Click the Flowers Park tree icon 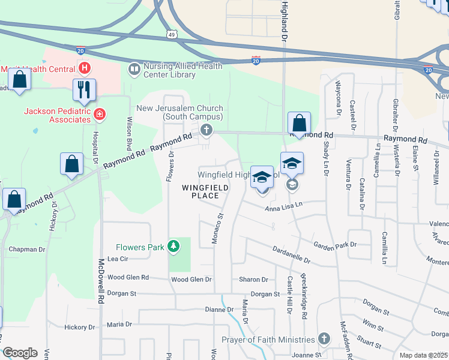[x=173, y=246]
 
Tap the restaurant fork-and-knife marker [x=84, y=90]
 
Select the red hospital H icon [x=85, y=68]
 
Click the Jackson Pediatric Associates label [x=57, y=115]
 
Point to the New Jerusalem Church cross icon [x=206, y=130]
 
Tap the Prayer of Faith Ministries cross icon [x=324, y=339]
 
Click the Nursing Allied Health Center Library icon [x=133, y=71]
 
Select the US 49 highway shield [x=172, y=35]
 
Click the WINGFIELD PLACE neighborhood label [x=205, y=191]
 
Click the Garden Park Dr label [x=335, y=244]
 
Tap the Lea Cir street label [x=118, y=259]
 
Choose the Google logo [x=20, y=353]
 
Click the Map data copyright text [x=424, y=355]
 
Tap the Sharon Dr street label [x=253, y=280]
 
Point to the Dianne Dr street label [x=219, y=310]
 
